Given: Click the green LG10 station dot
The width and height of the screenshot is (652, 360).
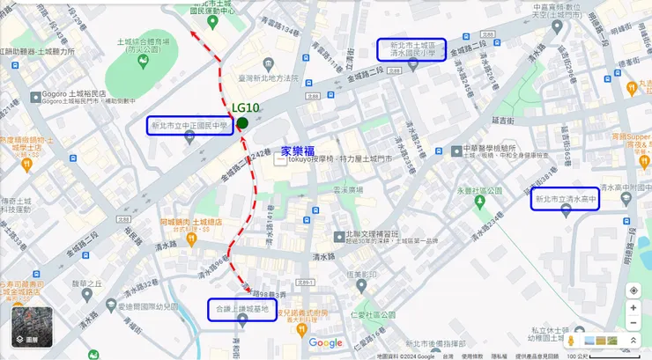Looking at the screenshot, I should pos(242,123).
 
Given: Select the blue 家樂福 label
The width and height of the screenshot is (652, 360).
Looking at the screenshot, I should pos(300,151).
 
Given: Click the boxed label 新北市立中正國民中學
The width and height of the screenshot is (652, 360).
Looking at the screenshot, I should pos(189,126).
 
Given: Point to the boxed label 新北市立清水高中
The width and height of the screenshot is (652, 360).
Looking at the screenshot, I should pos(566,200).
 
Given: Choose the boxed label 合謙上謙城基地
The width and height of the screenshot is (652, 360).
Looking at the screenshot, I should pos(243,311).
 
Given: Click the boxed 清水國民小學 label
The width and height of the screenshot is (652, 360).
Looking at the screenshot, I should pos(411,48).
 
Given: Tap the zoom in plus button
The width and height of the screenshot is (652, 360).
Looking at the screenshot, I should pos(633,308).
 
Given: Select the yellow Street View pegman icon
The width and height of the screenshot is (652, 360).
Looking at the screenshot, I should pos(570,340).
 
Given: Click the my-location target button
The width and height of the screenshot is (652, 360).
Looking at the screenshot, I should pos(633,290).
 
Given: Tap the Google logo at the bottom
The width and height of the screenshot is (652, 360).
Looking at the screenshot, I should pos(325,342).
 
